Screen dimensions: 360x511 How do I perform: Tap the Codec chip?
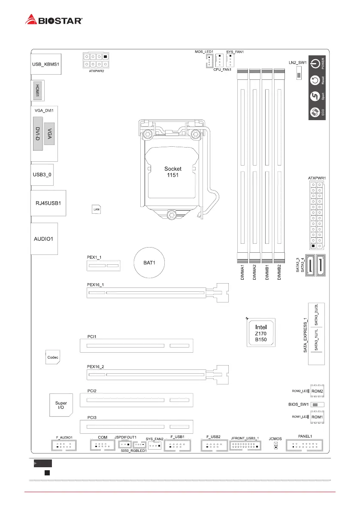tap(53, 357)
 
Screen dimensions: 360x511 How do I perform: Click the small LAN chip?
tap(96, 209)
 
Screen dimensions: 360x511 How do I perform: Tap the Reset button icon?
tap(315, 80)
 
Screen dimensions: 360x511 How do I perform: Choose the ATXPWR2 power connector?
tap(97, 60)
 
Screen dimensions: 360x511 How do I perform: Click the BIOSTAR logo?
tap(54, 20)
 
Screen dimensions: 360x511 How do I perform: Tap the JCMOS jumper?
tap(275, 446)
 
